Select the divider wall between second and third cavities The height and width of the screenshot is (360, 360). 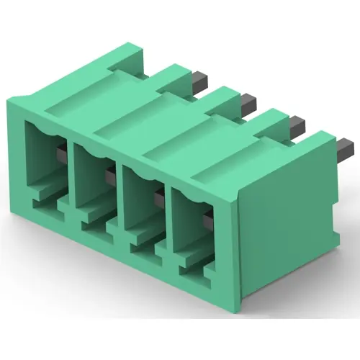coord(118,198)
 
